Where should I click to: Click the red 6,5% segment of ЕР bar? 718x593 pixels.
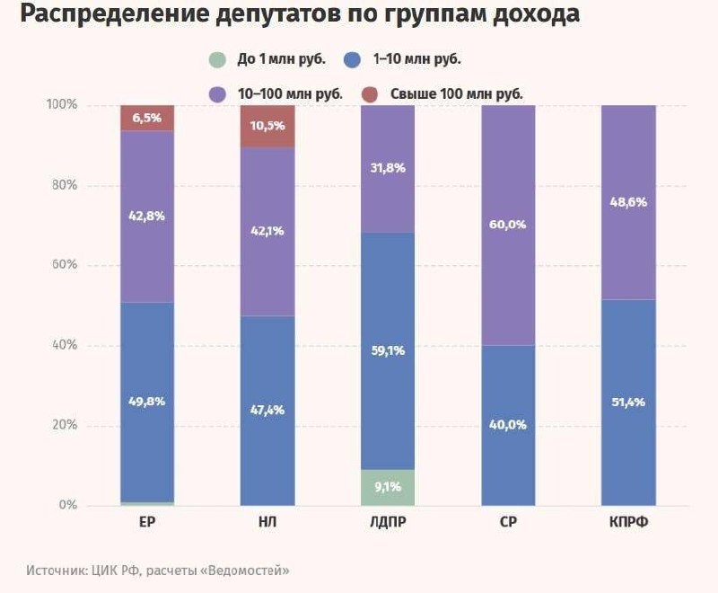(147, 119)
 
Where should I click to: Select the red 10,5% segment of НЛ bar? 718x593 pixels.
(267, 127)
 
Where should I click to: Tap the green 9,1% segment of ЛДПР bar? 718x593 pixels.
(388, 488)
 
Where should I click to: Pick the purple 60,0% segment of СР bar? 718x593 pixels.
(508, 225)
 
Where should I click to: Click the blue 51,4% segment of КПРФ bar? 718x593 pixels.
(629, 403)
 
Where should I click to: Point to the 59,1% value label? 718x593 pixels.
(388, 351)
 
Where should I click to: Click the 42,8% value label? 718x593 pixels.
(146, 216)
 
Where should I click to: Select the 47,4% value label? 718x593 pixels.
(267, 410)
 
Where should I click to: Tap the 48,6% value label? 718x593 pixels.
(629, 202)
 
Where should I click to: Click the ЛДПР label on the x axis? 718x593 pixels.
(388, 522)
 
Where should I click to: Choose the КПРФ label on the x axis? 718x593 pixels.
(629, 522)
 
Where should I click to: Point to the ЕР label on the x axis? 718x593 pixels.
(147, 522)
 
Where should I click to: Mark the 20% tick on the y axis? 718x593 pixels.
(65, 425)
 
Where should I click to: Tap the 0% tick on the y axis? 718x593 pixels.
(68, 505)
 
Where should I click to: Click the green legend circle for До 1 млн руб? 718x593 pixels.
(217, 59)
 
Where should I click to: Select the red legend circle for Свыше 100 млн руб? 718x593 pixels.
(370, 94)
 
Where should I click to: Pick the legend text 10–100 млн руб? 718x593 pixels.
(290, 94)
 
